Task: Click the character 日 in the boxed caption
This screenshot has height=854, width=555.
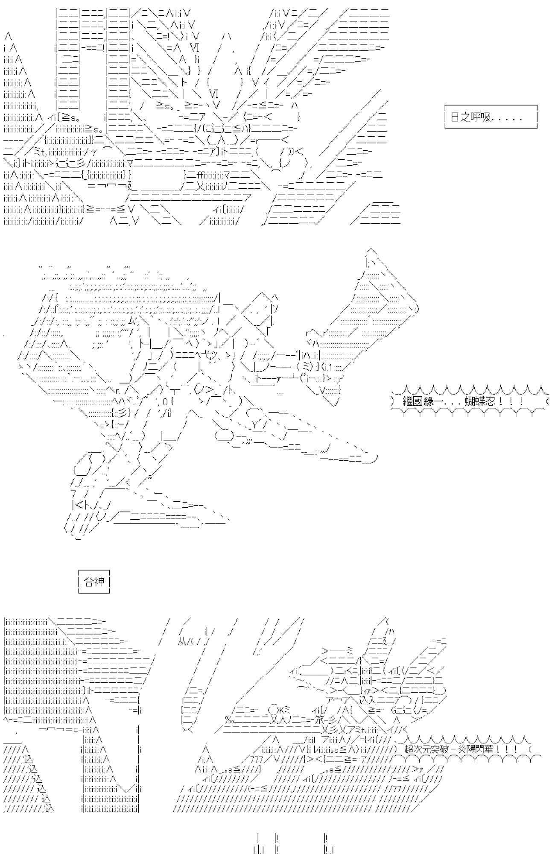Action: (455, 117)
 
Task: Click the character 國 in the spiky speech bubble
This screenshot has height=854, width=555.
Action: (418, 402)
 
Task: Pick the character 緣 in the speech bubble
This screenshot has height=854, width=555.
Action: (428, 402)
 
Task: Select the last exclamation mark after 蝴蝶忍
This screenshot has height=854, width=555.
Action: (521, 402)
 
